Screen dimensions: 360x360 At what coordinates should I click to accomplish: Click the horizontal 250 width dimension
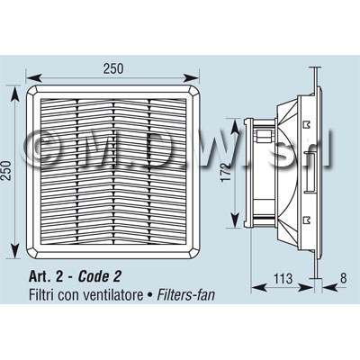pyautogui.click(x=113, y=68)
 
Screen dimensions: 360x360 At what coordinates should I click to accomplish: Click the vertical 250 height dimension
pyautogui.click(x=6, y=170)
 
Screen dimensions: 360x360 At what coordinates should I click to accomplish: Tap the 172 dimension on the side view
pyautogui.click(x=227, y=172)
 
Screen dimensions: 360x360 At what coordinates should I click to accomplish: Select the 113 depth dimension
pyautogui.click(x=283, y=278)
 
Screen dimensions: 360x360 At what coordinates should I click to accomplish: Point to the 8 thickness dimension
pyautogui.click(x=344, y=278)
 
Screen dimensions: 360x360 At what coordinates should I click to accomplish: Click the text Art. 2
pyautogui.click(x=46, y=276)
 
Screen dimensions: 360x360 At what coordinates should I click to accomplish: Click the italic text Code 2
pyautogui.click(x=99, y=276)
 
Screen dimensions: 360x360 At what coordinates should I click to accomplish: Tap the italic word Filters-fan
pyautogui.click(x=186, y=295)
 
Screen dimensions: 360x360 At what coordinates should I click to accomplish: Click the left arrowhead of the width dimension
pyautogui.click(x=33, y=78)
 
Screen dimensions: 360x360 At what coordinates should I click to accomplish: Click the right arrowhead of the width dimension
pyautogui.click(x=191, y=78)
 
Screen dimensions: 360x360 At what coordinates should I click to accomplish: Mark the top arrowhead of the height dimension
pyautogui.click(x=14, y=94)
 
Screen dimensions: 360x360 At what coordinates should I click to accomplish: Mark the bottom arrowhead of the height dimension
pyautogui.click(x=14, y=250)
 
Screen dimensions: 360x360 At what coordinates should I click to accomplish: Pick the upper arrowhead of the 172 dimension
pyautogui.click(x=235, y=126)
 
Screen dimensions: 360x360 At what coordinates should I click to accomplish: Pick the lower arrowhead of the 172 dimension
pyautogui.click(x=235, y=220)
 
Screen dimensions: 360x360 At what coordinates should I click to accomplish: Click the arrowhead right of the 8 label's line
pyautogui.click(x=329, y=288)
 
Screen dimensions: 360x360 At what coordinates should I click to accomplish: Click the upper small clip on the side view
pyautogui.click(x=307, y=125)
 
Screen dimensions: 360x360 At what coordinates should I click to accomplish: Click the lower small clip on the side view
pyautogui.click(x=307, y=220)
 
